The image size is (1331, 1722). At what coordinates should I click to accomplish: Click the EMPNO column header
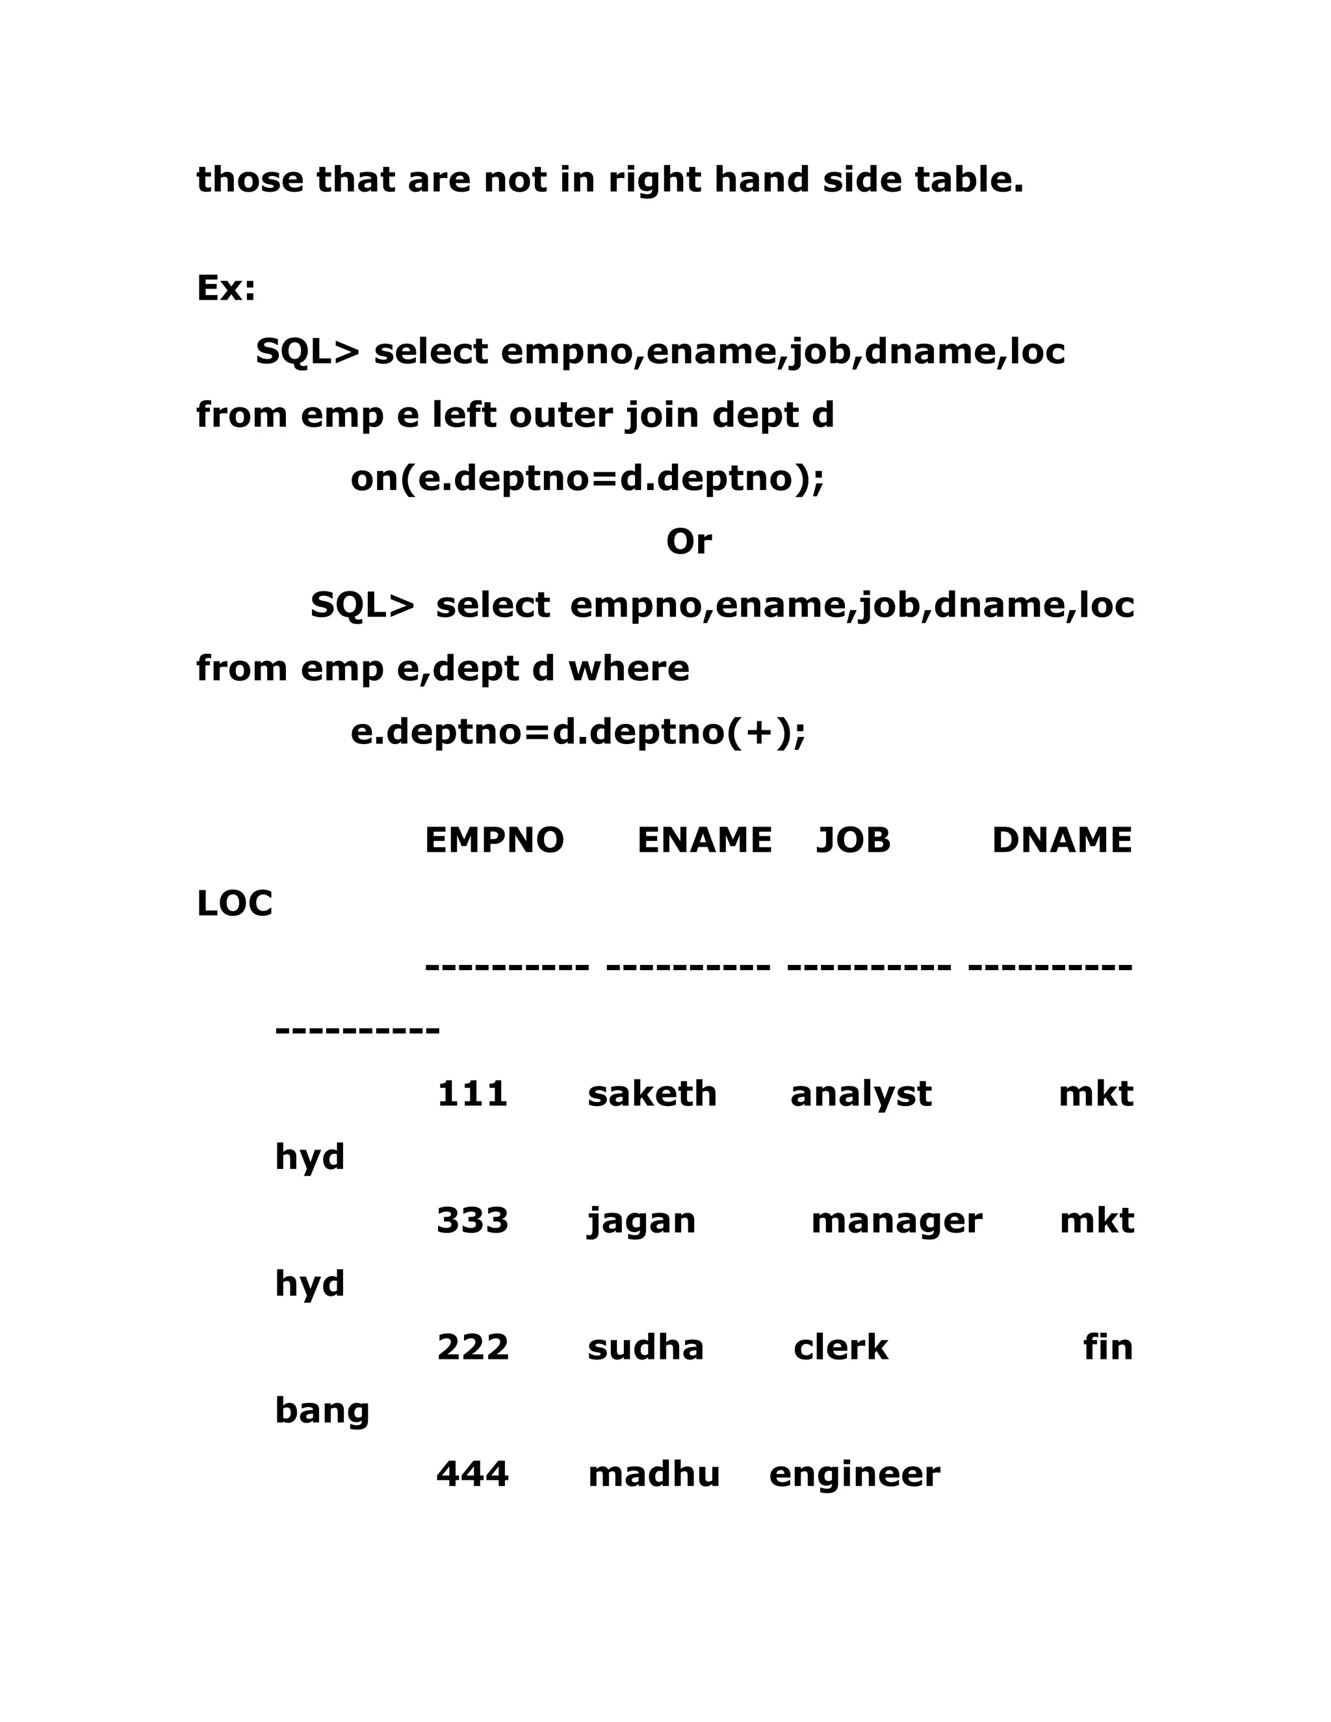(494, 840)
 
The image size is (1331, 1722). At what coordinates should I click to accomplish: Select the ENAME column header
(704, 840)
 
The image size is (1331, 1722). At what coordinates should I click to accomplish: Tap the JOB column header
(853, 840)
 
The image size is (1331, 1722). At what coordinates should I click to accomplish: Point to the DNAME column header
(1061, 840)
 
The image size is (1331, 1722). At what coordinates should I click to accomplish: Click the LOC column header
(234, 904)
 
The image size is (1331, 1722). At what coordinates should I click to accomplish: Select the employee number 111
(472, 1094)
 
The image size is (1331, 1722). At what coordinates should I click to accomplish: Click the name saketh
(652, 1094)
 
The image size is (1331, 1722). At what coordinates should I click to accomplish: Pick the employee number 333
(472, 1220)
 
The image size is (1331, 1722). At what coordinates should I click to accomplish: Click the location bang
(322, 1411)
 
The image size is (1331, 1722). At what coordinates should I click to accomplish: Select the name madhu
(654, 1474)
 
